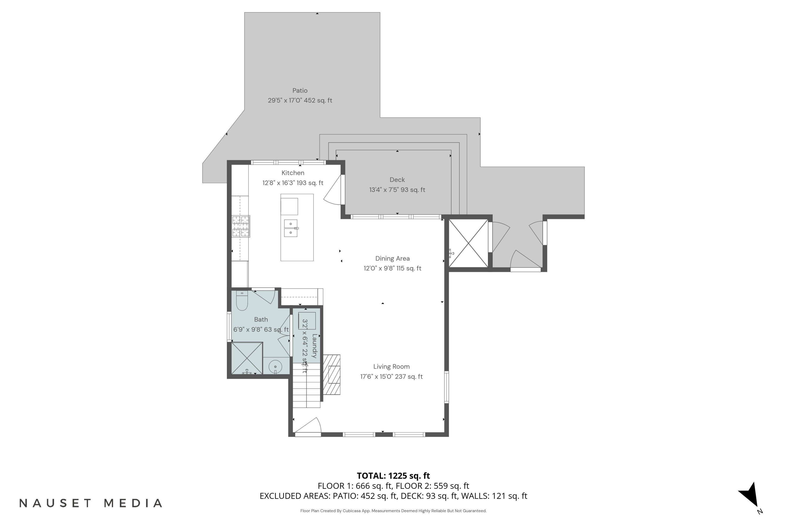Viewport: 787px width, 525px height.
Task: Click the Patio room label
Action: (300, 90)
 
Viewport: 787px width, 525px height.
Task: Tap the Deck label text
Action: (397, 180)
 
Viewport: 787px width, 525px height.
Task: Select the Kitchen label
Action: (293, 173)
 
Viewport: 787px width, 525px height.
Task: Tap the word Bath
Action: (261, 319)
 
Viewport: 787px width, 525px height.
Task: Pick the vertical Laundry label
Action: (315, 346)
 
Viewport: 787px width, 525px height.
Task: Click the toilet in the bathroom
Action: (242, 300)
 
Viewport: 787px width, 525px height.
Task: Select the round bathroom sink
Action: (275, 367)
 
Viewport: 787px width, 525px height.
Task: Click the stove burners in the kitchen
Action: (241, 226)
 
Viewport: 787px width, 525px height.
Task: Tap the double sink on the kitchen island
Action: (291, 228)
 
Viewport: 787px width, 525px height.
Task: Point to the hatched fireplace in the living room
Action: (332, 375)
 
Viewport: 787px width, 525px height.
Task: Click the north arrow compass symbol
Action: (751, 496)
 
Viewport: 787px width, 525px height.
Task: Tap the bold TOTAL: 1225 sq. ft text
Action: (393, 475)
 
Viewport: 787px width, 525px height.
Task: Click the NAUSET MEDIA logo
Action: (91, 503)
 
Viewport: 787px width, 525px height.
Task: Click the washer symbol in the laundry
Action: (307, 321)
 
